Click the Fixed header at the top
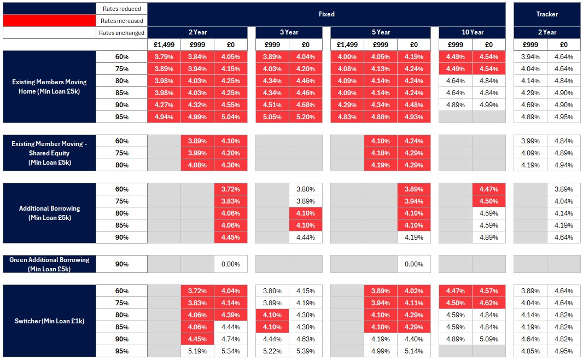point(327,14)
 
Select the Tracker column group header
point(547,14)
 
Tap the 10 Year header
point(472,32)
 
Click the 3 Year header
point(289,32)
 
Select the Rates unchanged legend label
point(121,33)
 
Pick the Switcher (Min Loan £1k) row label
point(49,321)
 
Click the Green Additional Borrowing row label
point(49,264)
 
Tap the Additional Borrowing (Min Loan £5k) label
point(49,213)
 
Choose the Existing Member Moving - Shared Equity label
point(49,153)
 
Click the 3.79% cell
point(164,57)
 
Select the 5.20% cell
point(306,117)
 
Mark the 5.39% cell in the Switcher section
point(306,351)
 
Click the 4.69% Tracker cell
point(530,105)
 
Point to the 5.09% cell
point(489,339)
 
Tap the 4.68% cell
point(306,105)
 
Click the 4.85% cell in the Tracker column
point(530,351)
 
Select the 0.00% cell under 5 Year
point(414,264)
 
